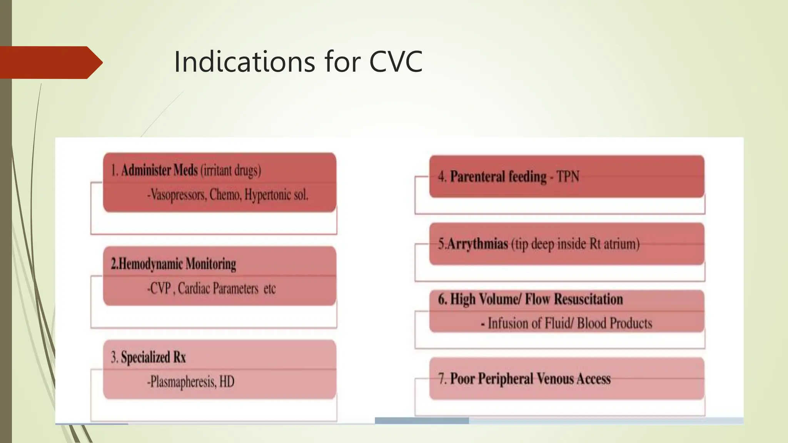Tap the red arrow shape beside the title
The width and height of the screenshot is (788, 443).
tap(50, 62)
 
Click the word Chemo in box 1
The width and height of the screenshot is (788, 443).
tap(225, 195)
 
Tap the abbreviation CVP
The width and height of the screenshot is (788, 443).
tap(159, 288)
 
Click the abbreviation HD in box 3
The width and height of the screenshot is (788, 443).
tap(227, 382)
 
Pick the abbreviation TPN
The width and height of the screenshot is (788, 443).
tap(568, 177)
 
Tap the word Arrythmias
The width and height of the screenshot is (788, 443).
tap(477, 244)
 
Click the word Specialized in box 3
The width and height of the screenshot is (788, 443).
tap(145, 357)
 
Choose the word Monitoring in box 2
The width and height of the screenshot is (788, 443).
tap(211, 264)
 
